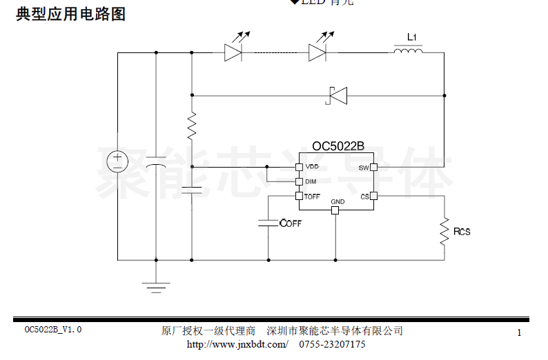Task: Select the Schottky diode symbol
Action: pos(337,95)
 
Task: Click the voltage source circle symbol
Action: pos(117,160)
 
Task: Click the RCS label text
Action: pos(461,232)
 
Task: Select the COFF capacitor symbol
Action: pos(268,223)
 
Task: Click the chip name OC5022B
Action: pos(338,146)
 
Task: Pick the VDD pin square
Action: pos(299,167)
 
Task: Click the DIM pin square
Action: pos(299,182)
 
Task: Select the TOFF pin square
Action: pos(299,197)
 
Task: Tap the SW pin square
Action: pos(373,167)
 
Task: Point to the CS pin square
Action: pos(373,197)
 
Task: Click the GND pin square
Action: pos(335,210)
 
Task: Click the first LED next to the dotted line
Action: pos(233,52)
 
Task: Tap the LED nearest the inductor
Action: pos(317,52)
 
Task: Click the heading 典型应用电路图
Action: pos(71,14)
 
